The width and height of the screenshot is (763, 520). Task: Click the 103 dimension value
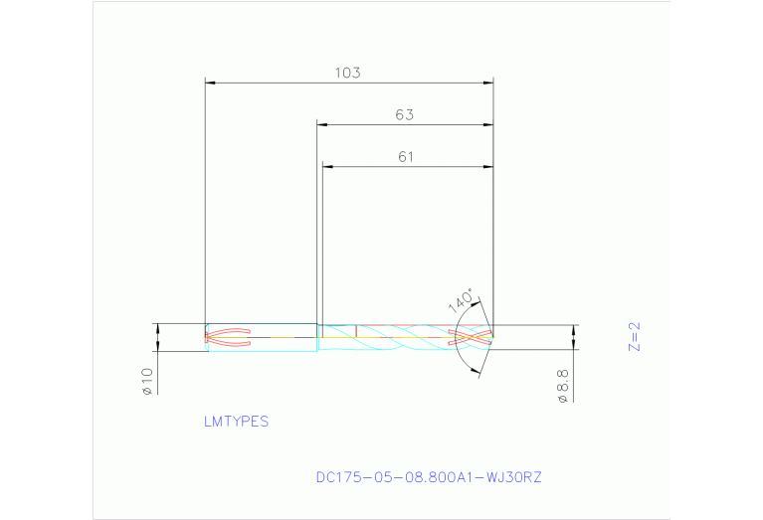coord(347,73)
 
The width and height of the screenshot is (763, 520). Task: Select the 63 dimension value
coord(404,114)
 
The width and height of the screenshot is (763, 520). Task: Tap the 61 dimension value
coord(405,156)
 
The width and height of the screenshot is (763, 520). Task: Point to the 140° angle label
coord(462,301)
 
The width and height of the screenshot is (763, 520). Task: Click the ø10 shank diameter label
coord(146,381)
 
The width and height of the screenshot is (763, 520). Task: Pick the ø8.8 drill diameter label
coord(562,385)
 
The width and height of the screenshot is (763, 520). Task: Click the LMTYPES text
coord(236,422)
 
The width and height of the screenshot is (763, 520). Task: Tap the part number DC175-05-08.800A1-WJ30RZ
coord(429,477)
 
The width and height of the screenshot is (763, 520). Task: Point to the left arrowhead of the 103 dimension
coord(211,83)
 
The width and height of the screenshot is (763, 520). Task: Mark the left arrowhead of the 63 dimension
coord(323,124)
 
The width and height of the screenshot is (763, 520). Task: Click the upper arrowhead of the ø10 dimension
coord(157,328)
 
